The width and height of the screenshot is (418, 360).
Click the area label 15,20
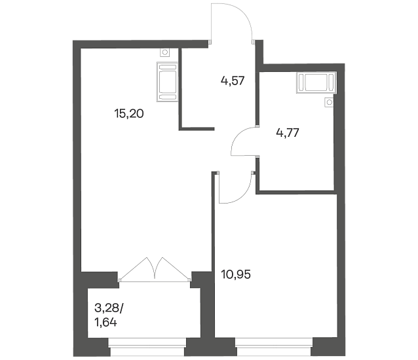[x=129, y=114]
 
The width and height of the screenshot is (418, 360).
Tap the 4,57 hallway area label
[x=233, y=81]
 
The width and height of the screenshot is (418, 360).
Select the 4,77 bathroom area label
[x=288, y=132]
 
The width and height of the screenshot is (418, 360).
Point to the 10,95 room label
[x=236, y=274]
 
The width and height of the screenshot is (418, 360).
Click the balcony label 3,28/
[x=109, y=308]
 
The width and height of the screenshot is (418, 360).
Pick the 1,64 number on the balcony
[x=105, y=323]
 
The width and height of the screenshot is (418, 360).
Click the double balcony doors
[x=155, y=269]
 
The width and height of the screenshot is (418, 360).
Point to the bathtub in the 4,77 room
[x=316, y=82]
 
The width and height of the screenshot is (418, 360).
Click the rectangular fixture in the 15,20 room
[x=168, y=81]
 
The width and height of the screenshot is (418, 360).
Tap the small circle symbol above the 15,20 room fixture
[x=165, y=52]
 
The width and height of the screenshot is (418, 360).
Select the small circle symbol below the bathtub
[x=330, y=102]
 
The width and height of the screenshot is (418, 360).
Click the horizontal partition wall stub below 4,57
[x=197, y=129]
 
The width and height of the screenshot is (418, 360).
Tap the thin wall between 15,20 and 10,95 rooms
[x=214, y=254]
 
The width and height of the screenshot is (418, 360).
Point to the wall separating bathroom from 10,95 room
[x=295, y=192]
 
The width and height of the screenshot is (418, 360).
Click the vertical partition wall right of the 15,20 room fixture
[x=180, y=88]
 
